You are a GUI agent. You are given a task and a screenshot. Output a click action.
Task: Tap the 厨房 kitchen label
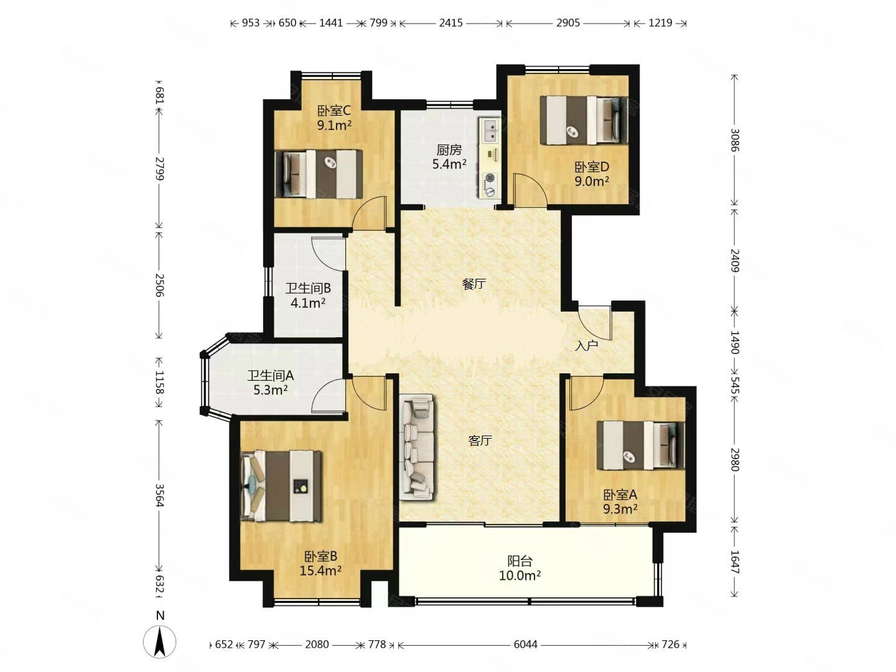(x=449, y=150)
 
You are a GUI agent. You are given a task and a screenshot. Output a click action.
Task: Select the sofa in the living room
(x=417, y=446)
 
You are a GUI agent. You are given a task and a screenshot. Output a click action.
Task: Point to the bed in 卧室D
(x=584, y=120)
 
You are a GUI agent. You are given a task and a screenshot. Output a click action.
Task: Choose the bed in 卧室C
(x=319, y=174)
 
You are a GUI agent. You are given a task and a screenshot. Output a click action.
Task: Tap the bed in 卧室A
(x=640, y=446)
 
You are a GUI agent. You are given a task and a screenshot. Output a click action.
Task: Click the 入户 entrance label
(x=586, y=346)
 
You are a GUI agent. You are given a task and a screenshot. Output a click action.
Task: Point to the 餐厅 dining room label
(x=474, y=284)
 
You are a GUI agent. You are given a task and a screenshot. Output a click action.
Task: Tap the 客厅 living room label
(x=480, y=441)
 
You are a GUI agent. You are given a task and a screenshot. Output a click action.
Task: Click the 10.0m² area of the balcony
(x=520, y=576)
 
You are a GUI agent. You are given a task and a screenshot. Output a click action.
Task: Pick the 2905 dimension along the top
(x=568, y=23)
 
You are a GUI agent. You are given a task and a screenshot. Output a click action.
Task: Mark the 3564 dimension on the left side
(x=160, y=495)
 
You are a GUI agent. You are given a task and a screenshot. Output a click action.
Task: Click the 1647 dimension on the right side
(x=734, y=562)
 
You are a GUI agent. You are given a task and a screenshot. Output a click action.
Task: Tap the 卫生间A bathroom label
(x=271, y=375)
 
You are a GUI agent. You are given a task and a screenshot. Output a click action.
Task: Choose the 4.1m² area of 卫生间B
(x=308, y=303)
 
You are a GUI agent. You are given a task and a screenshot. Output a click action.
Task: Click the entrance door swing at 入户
(x=594, y=322)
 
